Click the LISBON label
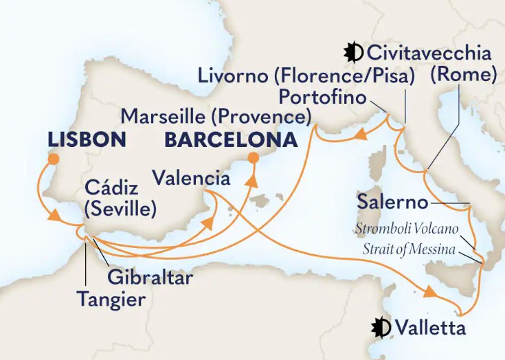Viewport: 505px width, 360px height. (x=87, y=140)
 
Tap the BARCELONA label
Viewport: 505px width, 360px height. (x=231, y=140)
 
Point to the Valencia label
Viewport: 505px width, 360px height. (x=191, y=179)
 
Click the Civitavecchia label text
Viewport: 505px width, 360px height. (x=429, y=53)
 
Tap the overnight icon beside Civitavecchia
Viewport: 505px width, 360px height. (x=355, y=52)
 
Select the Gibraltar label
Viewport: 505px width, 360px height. (x=150, y=278)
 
